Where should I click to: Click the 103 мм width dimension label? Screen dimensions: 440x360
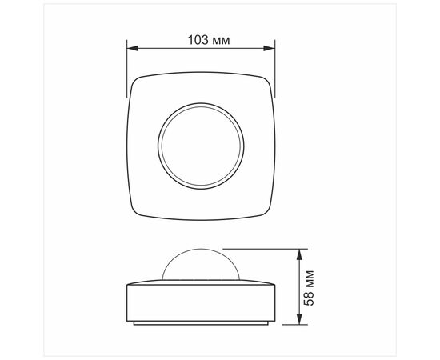(x=209, y=40)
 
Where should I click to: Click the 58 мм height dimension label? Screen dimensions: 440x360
(x=309, y=288)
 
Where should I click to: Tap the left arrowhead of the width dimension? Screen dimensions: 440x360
(x=133, y=48)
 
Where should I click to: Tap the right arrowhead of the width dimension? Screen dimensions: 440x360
(x=269, y=48)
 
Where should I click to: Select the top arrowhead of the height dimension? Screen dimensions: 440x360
(x=299, y=254)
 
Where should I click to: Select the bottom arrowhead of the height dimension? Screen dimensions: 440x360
(x=299, y=319)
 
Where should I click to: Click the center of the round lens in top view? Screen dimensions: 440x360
(x=201, y=146)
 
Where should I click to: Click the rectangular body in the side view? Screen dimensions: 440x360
(x=201, y=303)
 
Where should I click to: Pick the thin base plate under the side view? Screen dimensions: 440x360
(x=201, y=323)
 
